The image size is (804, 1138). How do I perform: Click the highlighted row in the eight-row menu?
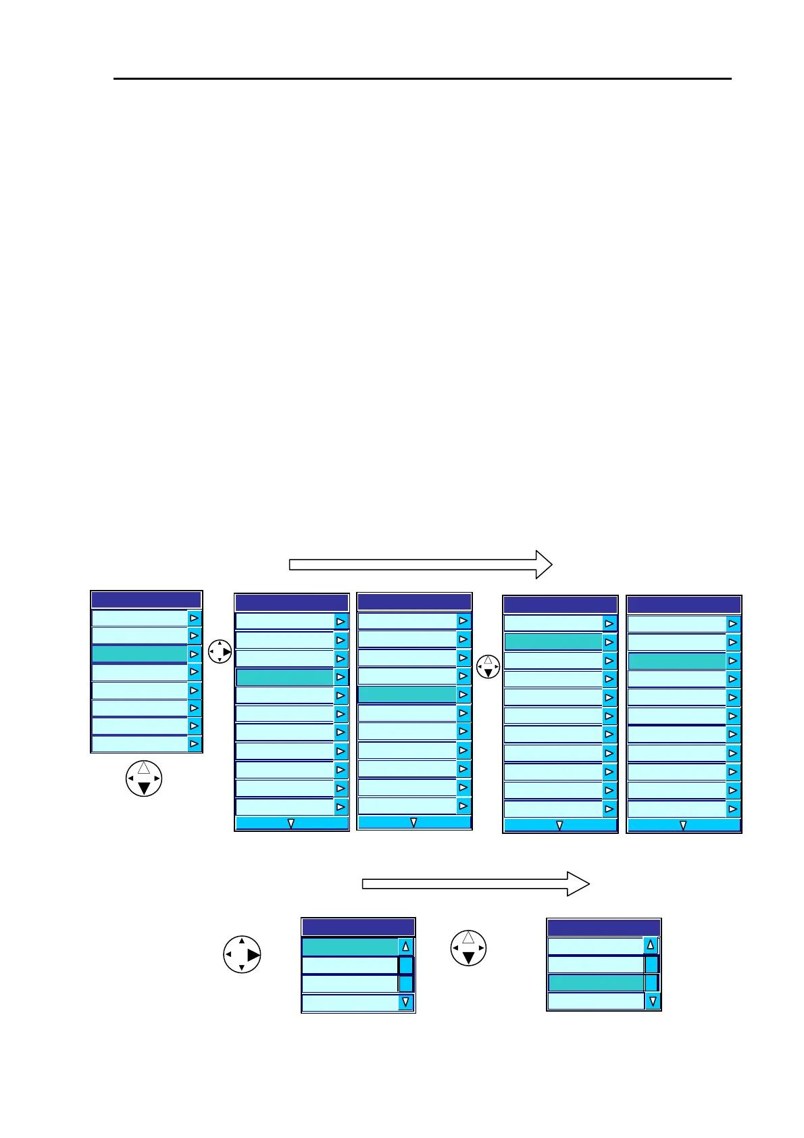click(x=139, y=654)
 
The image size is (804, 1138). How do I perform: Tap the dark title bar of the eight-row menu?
click(x=146, y=600)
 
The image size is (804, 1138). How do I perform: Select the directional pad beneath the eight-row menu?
click(x=144, y=778)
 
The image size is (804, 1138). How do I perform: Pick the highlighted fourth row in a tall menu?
click(x=284, y=677)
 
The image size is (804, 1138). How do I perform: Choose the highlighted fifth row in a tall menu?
click(x=407, y=695)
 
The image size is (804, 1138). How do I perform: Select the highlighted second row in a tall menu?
click(x=553, y=642)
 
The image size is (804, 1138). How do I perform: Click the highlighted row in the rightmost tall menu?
click(x=677, y=661)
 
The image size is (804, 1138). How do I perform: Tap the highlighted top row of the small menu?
click(x=349, y=947)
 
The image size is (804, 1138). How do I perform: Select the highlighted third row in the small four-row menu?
click(x=595, y=983)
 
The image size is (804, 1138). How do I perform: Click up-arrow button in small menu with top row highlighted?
click(x=405, y=947)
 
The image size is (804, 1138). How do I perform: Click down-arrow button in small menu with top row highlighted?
click(x=405, y=1003)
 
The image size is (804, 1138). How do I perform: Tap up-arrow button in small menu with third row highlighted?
click(x=651, y=945)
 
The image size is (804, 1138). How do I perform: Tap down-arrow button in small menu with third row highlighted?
click(x=652, y=1001)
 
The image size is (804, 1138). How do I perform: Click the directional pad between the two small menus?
click(x=468, y=948)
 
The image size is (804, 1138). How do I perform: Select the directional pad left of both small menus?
click(x=242, y=954)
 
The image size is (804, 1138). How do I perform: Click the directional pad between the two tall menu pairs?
click(x=488, y=667)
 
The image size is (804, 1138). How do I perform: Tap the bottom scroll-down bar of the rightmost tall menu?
click(x=683, y=825)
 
